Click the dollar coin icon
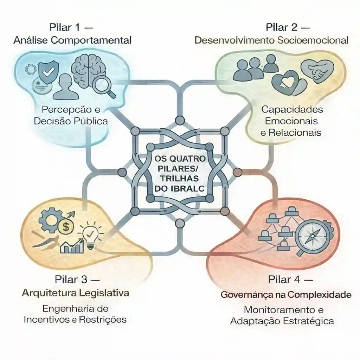(66, 227)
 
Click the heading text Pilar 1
(65, 27)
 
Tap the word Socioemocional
(313, 40)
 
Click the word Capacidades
(292, 109)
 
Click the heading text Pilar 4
(284, 279)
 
